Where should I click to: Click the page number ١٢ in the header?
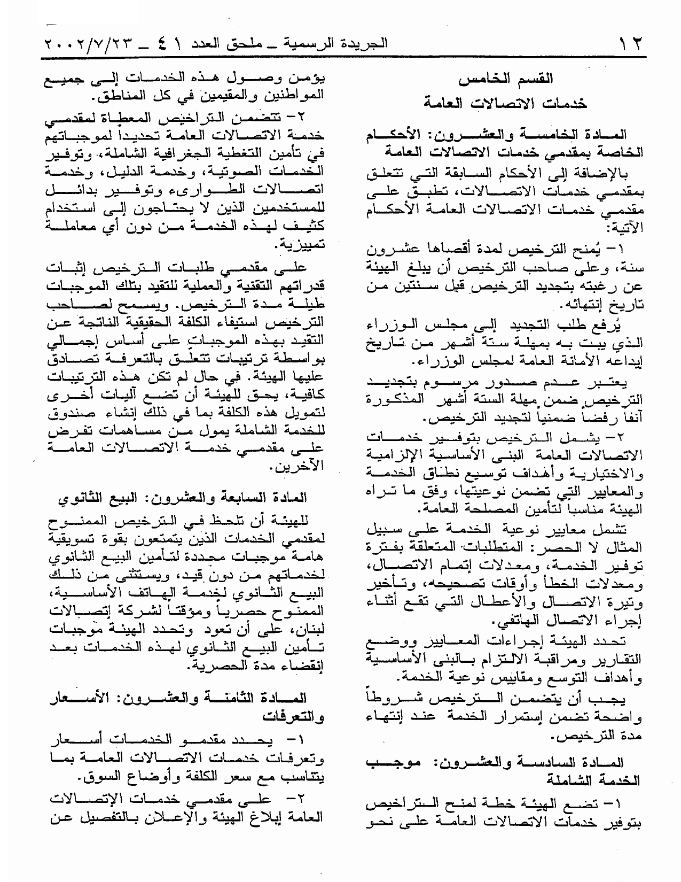point(630,43)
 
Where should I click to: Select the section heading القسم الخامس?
point(506,80)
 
